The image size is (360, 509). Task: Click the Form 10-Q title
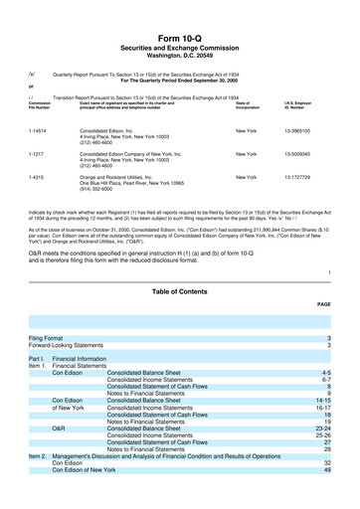180,11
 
